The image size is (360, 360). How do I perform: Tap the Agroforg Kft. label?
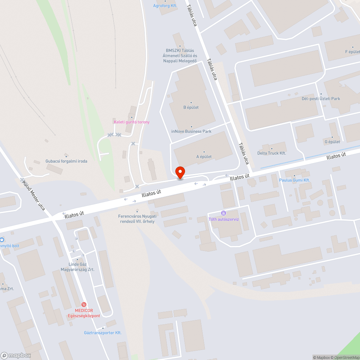pos(165,6)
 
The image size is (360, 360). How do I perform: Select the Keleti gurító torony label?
pos(131,122)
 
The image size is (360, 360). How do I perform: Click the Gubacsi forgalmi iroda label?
pos(66,161)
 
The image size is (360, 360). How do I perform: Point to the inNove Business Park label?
pos(191,131)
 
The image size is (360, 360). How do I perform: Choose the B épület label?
pos(191,107)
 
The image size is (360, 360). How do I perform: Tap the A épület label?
pos(204,157)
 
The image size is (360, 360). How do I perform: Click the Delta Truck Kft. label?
pos(271,153)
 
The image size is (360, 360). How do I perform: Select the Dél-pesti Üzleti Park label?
pos(320,99)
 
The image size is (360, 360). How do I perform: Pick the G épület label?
pos(332,142)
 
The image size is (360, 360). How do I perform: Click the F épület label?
pos(352,52)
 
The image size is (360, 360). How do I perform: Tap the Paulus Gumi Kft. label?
pos(294,180)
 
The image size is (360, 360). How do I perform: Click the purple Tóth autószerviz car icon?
pos(224,213)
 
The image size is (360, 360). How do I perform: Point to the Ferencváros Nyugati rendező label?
pos(137,219)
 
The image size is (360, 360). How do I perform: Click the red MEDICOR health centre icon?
pos(84,305)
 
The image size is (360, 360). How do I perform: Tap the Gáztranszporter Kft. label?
pos(103,333)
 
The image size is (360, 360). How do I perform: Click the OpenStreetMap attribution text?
pos(346,357)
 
